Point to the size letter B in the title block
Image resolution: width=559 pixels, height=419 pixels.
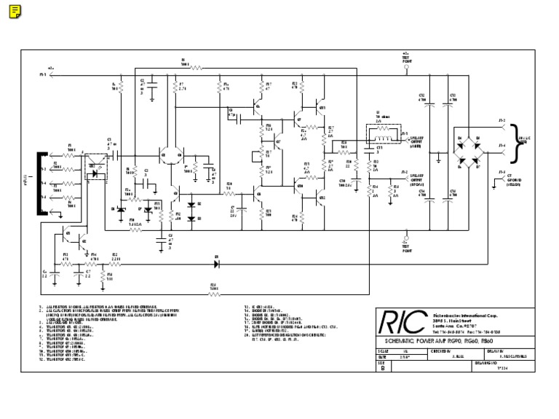tap(384, 368)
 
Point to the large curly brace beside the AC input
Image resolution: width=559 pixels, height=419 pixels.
tap(518, 139)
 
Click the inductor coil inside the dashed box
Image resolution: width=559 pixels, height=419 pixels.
tap(381, 132)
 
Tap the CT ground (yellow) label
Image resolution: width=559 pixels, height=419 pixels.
tap(511, 178)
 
